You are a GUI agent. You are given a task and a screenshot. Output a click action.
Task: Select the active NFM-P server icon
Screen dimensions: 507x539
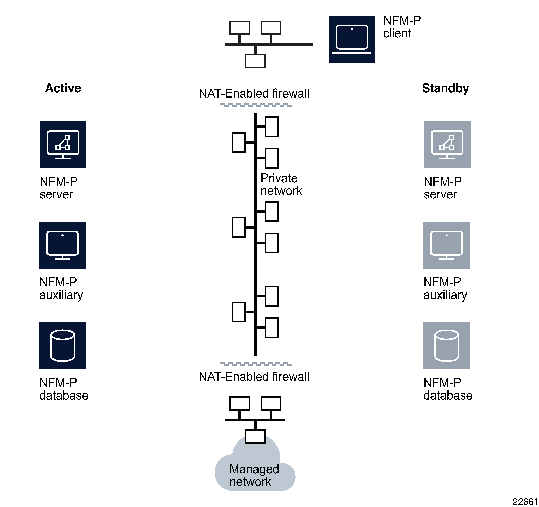[63, 145]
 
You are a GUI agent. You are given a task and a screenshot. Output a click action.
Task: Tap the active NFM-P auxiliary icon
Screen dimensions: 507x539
[62, 245]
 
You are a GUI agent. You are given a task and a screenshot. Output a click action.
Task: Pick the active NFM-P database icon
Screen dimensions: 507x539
[62, 346]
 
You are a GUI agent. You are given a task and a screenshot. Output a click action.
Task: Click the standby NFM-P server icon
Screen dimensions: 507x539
[447, 145]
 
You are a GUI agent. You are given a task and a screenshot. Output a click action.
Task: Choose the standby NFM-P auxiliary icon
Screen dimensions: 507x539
[446, 245]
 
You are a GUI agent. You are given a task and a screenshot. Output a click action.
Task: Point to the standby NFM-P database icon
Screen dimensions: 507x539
[446, 346]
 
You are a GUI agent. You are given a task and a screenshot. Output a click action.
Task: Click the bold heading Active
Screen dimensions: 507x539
[63, 88]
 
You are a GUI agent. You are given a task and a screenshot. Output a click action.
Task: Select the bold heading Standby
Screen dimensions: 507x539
[445, 88]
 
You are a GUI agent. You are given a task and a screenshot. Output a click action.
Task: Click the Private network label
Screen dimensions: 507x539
[281, 184]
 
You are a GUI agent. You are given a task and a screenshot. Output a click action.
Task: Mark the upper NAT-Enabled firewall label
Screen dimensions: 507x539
[254, 94]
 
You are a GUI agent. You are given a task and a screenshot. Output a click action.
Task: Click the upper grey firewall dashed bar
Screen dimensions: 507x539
[256, 105]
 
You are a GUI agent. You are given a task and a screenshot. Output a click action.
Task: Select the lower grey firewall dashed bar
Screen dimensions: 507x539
[256, 364]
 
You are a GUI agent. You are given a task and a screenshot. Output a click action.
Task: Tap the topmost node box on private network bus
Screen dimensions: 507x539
[272, 127]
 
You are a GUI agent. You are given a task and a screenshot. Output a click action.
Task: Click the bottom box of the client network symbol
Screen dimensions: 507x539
[255, 61]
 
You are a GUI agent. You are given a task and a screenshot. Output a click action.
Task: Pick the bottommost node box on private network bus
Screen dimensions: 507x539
[272, 328]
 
